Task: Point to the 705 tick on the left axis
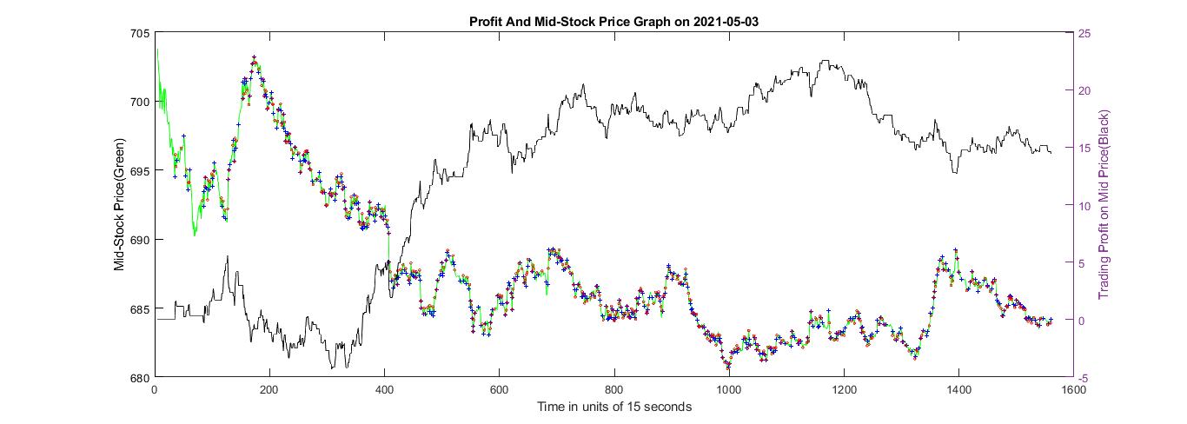tap(139, 34)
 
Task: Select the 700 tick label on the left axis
tap(139, 103)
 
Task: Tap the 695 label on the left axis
tap(139, 171)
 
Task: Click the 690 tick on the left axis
tap(139, 240)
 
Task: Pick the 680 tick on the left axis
tap(139, 377)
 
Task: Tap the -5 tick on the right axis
tap(1083, 377)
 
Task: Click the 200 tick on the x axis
tap(269, 390)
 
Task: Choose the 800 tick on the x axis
tap(614, 390)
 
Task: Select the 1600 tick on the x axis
tap(1074, 390)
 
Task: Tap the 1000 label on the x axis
tap(728, 390)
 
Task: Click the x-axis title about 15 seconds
tap(614, 407)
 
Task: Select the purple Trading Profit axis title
tap(1105, 206)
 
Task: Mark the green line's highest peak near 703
tap(254, 59)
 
